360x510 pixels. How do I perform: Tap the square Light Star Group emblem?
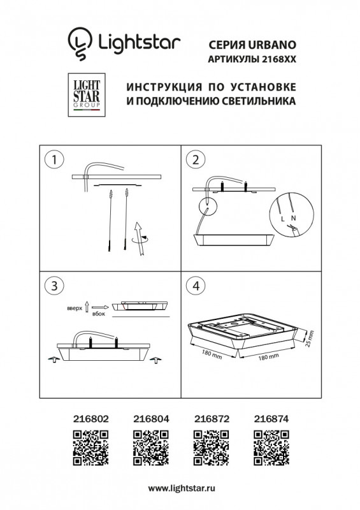click(x=85, y=94)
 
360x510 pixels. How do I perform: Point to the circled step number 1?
click(x=55, y=160)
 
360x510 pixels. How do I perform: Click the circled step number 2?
click(x=196, y=160)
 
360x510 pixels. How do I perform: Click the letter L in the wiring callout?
click(x=282, y=219)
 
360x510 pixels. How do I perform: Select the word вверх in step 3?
click(x=75, y=308)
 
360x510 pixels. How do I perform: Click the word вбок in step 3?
click(x=98, y=313)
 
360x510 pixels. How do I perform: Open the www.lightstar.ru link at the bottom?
click(x=180, y=487)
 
